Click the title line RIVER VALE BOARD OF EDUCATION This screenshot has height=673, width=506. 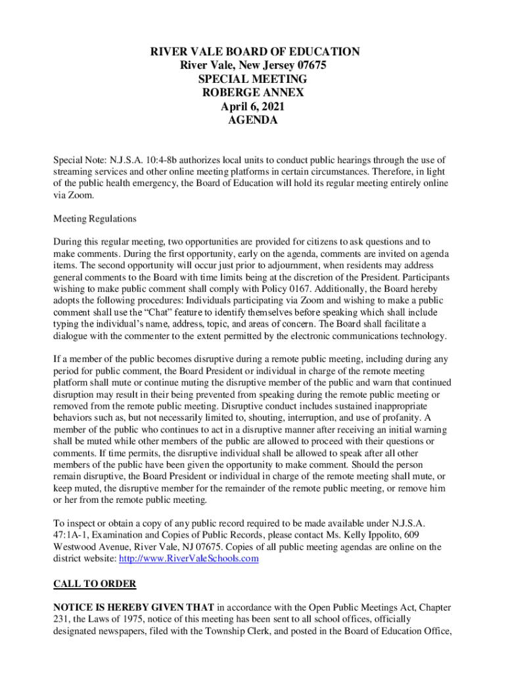click(x=252, y=52)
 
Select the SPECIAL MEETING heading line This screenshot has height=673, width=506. click(x=252, y=80)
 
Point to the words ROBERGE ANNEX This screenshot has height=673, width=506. click(x=252, y=93)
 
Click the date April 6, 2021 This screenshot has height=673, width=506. click(x=252, y=107)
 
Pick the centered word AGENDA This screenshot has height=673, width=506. click(x=252, y=121)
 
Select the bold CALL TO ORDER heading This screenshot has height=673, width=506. click(x=95, y=584)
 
